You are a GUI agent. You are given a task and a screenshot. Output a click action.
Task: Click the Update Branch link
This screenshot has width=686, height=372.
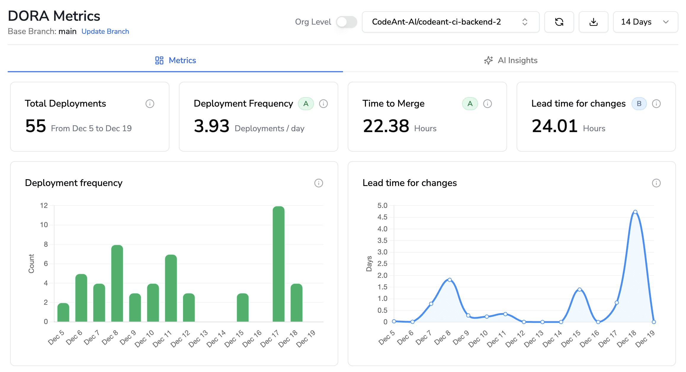(x=105, y=31)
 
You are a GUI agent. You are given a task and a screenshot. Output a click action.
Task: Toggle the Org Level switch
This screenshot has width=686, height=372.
(x=346, y=22)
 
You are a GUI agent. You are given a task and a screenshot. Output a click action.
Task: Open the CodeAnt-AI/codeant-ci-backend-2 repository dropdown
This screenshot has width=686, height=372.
(x=450, y=22)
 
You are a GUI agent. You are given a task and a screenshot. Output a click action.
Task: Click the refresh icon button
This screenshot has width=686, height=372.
(x=559, y=22)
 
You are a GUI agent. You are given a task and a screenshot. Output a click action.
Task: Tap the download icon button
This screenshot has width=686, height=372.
(x=593, y=22)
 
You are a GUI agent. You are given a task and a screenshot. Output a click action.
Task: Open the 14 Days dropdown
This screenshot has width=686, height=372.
(x=645, y=22)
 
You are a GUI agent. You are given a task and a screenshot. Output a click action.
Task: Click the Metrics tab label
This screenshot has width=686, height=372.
(x=182, y=60)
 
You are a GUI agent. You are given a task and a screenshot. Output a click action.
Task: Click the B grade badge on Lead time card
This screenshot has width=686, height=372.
(x=639, y=104)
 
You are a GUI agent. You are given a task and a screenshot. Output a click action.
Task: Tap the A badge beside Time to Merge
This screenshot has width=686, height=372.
(x=470, y=104)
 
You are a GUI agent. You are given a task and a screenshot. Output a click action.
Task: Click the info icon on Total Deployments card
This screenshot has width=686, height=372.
(x=150, y=104)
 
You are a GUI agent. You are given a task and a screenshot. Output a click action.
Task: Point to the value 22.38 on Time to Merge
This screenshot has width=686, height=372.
(x=386, y=126)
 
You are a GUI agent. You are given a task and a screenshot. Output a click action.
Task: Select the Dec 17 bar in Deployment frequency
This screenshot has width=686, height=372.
(x=278, y=264)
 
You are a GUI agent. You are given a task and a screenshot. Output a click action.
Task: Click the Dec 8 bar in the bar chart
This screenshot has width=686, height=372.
(x=117, y=283)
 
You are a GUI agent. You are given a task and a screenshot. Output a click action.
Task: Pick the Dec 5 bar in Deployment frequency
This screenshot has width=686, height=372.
(x=63, y=312)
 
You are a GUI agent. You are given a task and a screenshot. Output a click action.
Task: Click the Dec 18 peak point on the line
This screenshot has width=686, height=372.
(x=635, y=212)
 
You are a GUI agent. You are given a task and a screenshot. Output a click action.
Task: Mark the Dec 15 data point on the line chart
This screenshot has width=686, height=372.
(x=579, y=289)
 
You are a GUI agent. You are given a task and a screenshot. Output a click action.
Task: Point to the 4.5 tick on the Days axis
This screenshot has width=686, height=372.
(x=382, y=217)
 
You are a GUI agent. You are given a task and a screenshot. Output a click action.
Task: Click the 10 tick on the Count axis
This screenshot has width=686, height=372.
(x=44, y=225)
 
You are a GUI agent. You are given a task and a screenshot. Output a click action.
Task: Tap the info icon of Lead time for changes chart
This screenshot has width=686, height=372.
(x=656, y=183)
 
